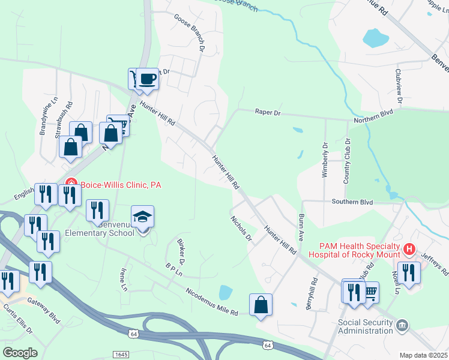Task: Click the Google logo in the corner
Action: point(20,353)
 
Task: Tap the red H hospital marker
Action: point(409,248)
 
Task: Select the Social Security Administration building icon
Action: point(402,326)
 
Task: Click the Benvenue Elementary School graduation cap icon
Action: point(143,217)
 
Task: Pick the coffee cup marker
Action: point(147,79)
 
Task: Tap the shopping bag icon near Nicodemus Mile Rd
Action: point(261,305)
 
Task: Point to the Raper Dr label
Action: point(268,112)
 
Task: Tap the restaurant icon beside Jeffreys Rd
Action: point(409,272)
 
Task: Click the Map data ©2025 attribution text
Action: point(423,355)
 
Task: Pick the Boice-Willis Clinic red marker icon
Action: point(70,185)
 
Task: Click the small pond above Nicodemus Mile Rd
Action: point(226,293)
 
